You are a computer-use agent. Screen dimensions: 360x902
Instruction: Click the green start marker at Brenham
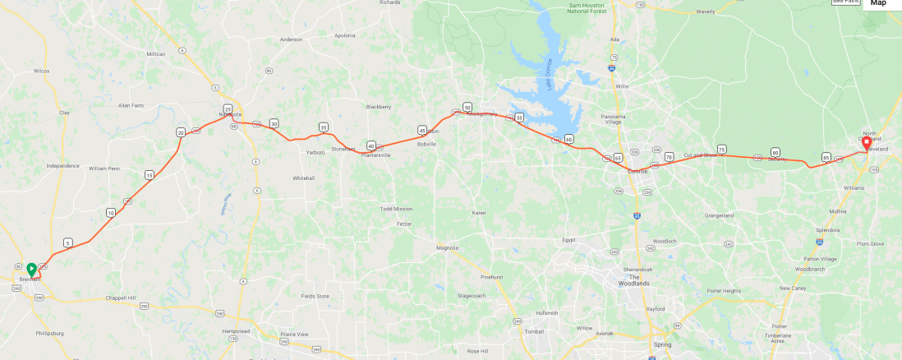(31, 269)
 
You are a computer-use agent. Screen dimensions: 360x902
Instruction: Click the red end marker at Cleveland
(866, 142)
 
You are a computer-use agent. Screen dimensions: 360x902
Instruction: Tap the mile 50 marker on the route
(467, 108)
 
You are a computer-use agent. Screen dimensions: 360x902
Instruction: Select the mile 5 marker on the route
(67, 242)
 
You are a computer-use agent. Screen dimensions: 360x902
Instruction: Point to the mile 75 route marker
(721, 149)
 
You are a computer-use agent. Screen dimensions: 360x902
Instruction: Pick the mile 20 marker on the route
(181, 132)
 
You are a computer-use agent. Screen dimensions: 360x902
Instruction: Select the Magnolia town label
(447, 247)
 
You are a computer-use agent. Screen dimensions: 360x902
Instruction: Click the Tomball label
(535, 330)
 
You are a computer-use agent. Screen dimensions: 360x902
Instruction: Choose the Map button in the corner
(878, 3)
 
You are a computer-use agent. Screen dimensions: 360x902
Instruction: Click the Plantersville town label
(375, 155)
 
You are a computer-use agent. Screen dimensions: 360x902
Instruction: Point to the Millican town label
(156, 54)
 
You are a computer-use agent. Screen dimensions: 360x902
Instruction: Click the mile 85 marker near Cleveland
(826, 157)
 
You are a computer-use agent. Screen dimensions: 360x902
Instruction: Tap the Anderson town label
(291, 39)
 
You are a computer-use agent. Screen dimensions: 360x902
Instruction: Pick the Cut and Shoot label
(700, 155)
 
